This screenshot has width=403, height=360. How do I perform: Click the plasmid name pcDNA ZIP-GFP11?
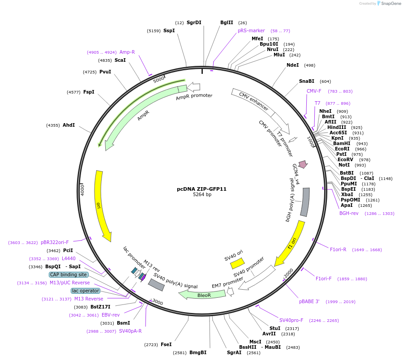point(201,189)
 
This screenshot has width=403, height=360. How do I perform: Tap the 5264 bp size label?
point(202,195)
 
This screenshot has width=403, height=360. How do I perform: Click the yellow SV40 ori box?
point(237,263)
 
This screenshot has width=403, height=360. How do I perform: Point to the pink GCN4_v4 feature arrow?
point(303,164)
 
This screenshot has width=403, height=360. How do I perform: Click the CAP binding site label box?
point(69,274)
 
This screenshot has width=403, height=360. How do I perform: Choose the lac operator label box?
point(85,291)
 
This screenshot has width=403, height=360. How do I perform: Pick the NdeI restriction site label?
point(292,65)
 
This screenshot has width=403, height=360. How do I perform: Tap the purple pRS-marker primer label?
point(251,30)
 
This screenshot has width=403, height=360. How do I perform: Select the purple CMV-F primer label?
point(314,91)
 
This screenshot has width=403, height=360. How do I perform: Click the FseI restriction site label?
point(166,344)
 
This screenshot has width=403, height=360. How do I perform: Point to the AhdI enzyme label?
point(69,125)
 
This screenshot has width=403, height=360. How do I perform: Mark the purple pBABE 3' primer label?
point(309,301)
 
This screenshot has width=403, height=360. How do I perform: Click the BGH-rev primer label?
point(349,213)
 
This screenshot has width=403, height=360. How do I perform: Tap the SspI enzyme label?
point(169,30)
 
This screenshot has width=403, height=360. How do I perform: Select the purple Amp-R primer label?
point(127,52)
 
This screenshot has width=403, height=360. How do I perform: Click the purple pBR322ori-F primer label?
point(52,242)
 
